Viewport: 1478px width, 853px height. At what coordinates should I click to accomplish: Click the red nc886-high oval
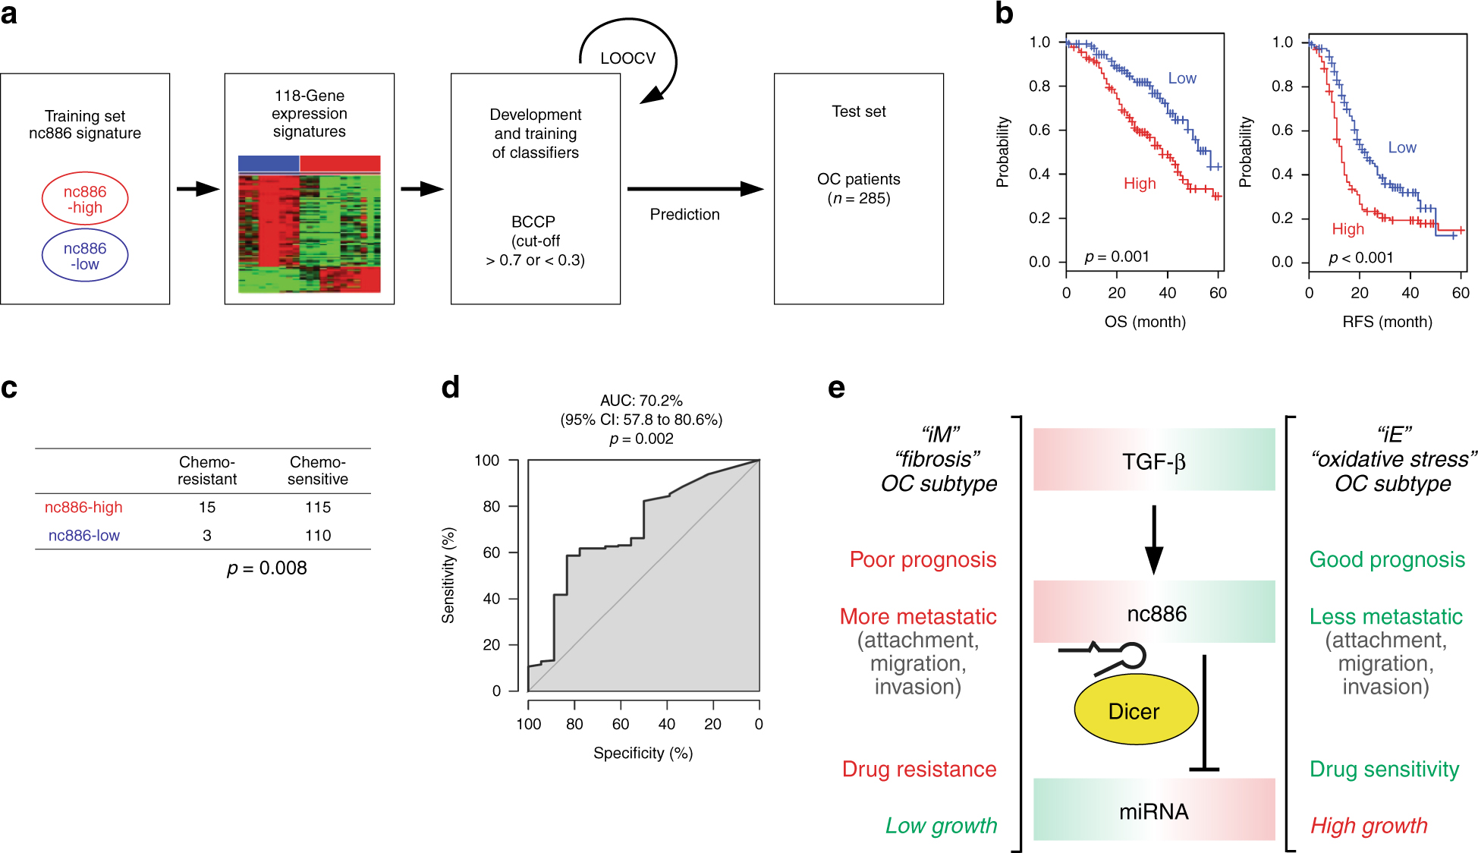click(x=85, y=199)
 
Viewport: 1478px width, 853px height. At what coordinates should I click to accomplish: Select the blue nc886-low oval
click(x=85, y=256)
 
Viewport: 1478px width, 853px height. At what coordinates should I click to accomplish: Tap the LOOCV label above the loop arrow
click(x=627, y=58)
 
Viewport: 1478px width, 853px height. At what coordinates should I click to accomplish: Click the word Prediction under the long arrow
click(x=684, y=215)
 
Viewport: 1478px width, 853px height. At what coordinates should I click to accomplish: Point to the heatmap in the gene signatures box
click(x=309, y=225)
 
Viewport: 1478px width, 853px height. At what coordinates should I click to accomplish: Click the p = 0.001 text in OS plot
click(x=1116, y=257)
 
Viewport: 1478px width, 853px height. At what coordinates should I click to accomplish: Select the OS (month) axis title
click(x=1144, y=322)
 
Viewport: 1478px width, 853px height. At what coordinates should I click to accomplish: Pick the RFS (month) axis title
click(x=1387, y=322)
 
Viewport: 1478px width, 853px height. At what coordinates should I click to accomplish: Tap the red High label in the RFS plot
click(x=1347, y=229)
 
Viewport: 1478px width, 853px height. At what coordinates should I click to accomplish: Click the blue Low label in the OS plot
click(x=1181, y=78)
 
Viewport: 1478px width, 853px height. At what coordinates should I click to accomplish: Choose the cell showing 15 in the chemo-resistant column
click(x=207, y=507)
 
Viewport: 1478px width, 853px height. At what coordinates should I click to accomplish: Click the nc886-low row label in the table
click(x=84, y=535)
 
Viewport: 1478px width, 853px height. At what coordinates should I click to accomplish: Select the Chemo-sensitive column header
click(x=318, y=471)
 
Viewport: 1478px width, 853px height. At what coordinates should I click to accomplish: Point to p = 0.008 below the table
click(x=267, y=568)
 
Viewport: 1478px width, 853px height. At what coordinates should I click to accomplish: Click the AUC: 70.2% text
click(x=641, y=400)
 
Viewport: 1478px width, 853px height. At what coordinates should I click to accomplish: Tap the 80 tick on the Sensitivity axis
click(x=492, y=506)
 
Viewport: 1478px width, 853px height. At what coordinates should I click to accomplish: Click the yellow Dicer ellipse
click(x=1135, y=710)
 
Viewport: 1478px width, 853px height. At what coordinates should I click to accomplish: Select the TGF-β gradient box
click(x=1153, y=460)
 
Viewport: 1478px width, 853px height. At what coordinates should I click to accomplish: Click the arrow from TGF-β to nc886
click(x=1153, y=540)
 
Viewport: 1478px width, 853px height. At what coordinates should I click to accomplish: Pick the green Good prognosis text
click(x=1387, y=560)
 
